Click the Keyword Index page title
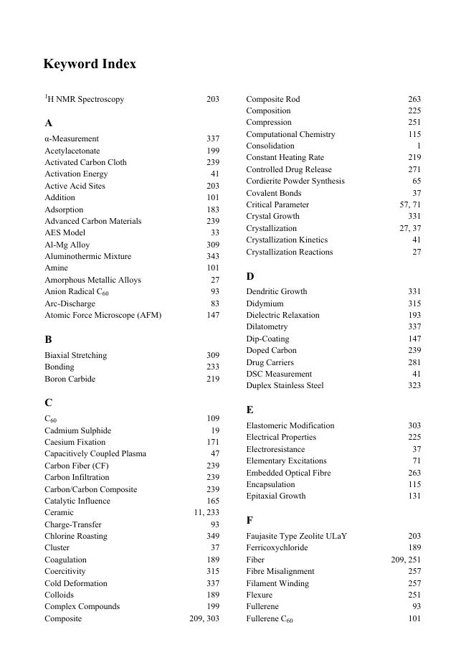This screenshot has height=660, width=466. (x=90, y=64)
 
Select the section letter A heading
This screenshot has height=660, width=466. (x=48, y=123)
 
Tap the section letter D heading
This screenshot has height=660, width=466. (x=250, y=276)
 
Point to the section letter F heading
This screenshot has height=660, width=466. (x=249, y=520)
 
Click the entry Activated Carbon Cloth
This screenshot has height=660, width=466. (x=85, y=162)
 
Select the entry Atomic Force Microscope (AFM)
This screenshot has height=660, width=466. (x=103, y=315)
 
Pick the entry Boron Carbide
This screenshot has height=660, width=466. (x=70, y=379)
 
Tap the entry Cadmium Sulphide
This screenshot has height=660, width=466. (x=77, y=430)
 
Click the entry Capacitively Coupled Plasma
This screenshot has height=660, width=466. (x=95, y=453)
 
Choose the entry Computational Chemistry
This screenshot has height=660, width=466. (x=290, y=134)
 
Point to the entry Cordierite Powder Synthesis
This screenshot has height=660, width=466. (x=295, y=181)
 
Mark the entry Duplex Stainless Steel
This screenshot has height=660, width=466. (x=285, y=385)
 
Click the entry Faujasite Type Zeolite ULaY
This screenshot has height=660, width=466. (x=297, y=536)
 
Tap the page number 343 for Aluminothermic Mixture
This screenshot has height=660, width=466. (x=213, y=256)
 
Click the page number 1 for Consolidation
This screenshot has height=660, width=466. (x=419, y=146)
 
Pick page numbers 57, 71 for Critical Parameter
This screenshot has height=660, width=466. (x=410, y=204)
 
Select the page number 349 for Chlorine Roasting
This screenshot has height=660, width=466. (x=213, y=536)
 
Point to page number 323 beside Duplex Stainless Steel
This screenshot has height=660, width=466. (x=414, y=385)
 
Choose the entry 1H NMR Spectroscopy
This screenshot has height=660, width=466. (x=84, y=99)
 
